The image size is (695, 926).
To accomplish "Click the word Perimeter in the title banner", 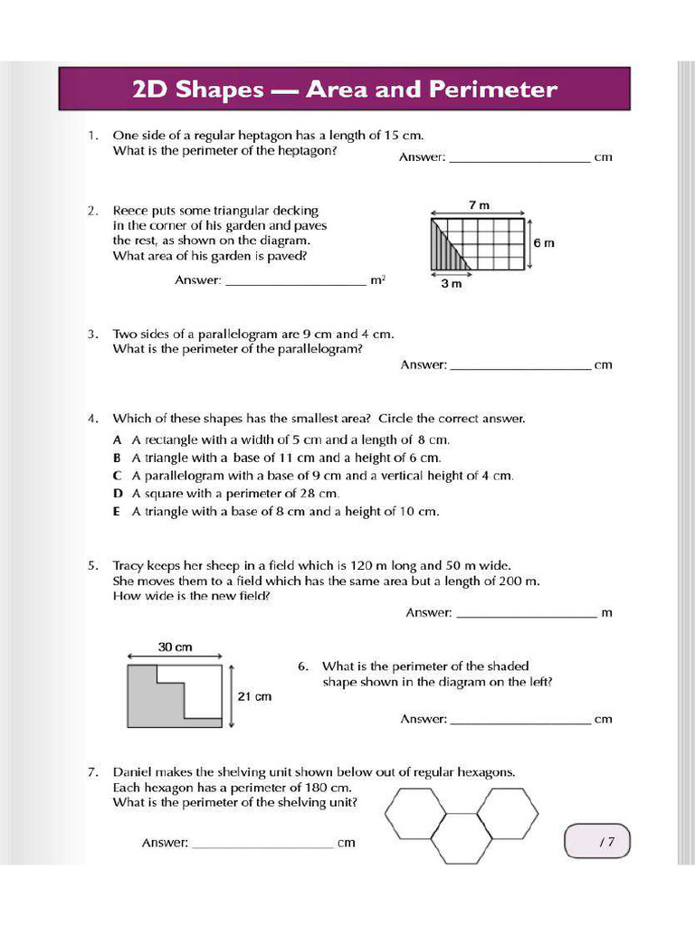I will point(494,90).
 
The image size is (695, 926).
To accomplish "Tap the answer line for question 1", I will point(519,160).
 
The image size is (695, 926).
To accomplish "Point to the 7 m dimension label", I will point(479,205).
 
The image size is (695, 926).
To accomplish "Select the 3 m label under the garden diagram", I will point(451,283).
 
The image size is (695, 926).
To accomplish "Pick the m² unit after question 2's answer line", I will point(377,280).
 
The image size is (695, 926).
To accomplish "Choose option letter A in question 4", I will point(117,439).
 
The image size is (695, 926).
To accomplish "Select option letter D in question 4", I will point(117,494).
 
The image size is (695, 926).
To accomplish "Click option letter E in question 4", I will point(117,512).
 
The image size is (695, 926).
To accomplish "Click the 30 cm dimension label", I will point(176,647).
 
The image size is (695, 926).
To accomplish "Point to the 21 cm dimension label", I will point(254,696).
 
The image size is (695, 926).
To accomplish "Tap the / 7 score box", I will point(596,841).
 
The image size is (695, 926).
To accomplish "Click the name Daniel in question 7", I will point(133,772).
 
